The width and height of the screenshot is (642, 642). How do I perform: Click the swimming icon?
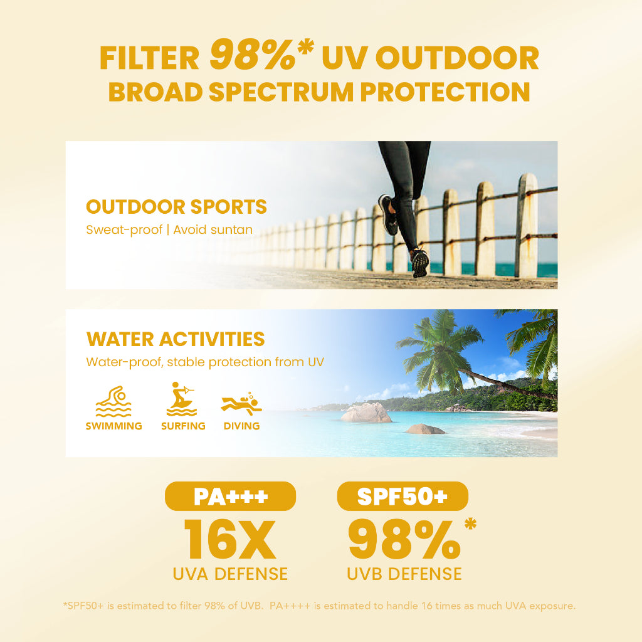click(x=113, y=401)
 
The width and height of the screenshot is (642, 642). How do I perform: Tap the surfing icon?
click(x=182, y=399)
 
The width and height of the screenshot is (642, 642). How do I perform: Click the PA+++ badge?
click(x=230, y=497)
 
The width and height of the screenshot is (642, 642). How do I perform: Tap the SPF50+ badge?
click(x=403, y=497)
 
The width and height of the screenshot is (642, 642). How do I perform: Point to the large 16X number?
click(x=229, y=540)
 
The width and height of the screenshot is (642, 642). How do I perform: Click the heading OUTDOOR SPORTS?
click(x=176, y=207)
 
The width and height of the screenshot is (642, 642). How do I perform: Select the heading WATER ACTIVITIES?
click(x=176, y=339)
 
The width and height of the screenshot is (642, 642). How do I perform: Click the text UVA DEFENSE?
click(x=230, y=574)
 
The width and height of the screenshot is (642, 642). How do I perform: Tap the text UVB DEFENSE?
click(x=404, y=574)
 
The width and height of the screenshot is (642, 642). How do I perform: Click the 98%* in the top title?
click(x=261, y=56)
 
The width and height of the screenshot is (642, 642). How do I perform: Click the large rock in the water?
click(x=366, y=413)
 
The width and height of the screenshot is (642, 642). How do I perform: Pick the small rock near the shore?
click(x=424, y=429)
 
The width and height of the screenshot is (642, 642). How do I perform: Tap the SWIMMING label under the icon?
click(x=113, y=426)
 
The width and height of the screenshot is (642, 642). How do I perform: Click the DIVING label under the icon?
click(x=241, y=426)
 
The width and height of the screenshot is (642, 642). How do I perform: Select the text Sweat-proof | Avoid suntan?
click(x=169, y=229)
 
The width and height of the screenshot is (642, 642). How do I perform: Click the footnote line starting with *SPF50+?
click(x=319, y=606)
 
